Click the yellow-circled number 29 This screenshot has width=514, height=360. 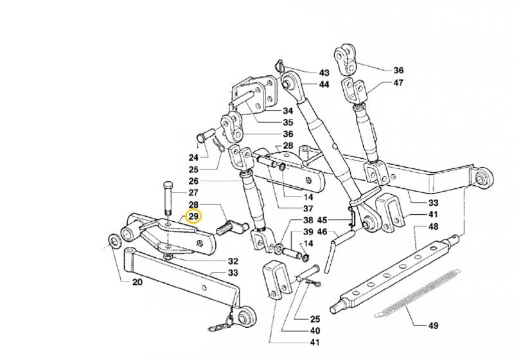[193, 217]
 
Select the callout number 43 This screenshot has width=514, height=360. [323, 72]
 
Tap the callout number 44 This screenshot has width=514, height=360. [323, 84]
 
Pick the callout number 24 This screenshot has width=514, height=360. [193, 157]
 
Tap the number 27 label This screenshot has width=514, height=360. [193, 192]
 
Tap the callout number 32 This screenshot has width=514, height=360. [233, 262]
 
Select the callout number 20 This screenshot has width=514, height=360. [137, 282]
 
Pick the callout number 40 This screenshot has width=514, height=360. [315, 330]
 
